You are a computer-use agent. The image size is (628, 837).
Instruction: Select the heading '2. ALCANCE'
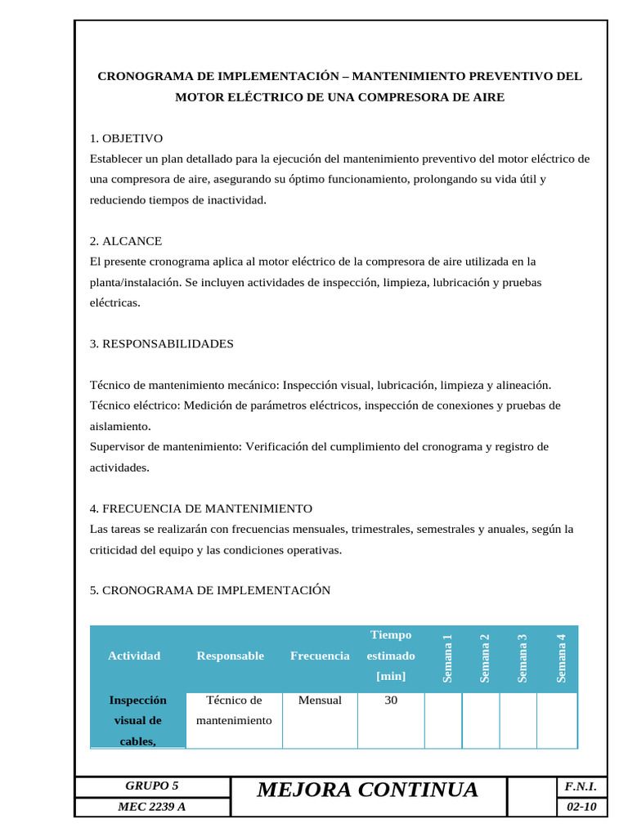[125, 241]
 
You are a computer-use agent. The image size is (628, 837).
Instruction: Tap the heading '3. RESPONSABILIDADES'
[161, 343]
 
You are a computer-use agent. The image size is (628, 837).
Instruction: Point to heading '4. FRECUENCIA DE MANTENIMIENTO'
[200, 508]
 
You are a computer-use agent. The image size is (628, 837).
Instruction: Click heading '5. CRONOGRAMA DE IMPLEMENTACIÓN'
[209, 590]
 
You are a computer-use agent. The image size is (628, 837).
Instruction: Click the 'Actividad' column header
[134, 656]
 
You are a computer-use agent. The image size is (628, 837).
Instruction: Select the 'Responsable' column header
[230, 656]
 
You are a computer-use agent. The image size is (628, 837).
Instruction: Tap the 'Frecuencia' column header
[320, 656]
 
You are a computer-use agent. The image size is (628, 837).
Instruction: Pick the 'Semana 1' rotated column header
[447, 658]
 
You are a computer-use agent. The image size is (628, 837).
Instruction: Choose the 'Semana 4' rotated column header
[561, 658]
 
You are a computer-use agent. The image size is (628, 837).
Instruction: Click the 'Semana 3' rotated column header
[523, 658]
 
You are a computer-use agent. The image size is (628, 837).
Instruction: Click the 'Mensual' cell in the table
[320, 700]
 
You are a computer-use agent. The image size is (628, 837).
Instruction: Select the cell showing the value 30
[391, 700]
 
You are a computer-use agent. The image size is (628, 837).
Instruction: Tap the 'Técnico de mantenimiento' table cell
[234, 710]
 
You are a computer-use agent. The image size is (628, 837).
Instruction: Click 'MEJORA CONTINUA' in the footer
[367, 790]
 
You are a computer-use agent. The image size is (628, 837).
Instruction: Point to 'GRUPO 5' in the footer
[151, 786]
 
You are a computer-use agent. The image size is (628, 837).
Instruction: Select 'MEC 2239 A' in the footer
[151, 808]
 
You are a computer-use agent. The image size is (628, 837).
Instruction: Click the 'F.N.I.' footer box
[581, 786]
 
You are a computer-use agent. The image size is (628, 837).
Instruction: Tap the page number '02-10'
[581, 808]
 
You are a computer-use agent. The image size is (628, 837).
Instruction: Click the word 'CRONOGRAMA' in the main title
[146, 76]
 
